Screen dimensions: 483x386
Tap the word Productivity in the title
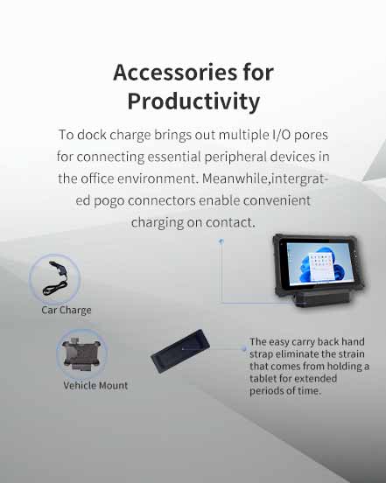pos(193,101)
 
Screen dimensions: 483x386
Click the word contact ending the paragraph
pos(229,222)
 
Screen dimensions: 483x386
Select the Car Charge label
pos(67,310)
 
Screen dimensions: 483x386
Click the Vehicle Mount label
pos(95,385)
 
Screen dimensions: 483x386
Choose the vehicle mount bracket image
pos(81,353)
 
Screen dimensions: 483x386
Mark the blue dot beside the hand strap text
pos(243,349)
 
